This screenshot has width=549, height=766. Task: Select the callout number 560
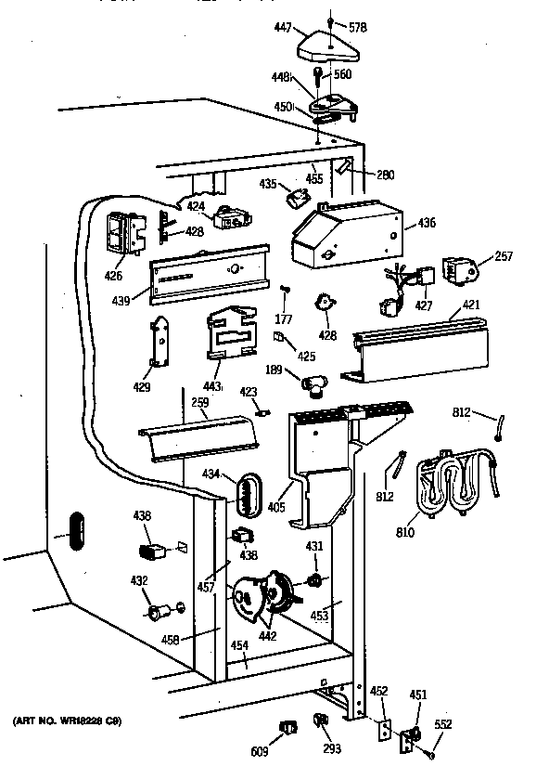pos(342,74)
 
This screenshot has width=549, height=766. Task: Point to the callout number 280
pos(386,173)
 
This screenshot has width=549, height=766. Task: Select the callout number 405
pos(276,507)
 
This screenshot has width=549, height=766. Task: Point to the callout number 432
pos(138,581)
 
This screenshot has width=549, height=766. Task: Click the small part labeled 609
pos(287,726)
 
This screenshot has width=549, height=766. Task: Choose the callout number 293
pos(331,748)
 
